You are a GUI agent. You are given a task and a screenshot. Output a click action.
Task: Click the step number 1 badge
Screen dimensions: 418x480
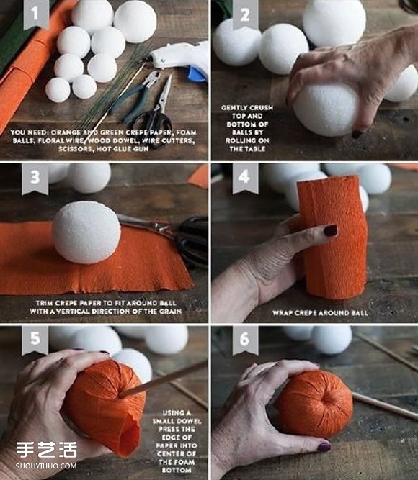click(x=35, y=14)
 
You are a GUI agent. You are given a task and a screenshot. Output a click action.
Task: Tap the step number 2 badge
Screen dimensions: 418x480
click(x=245, y=14)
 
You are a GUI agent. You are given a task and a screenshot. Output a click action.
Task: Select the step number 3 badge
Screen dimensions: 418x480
click(x=35, y=178)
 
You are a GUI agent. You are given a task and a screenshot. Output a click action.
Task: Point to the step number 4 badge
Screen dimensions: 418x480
click(x=245, y=178)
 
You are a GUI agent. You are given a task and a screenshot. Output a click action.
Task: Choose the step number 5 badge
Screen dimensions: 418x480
click(x=35, y=340)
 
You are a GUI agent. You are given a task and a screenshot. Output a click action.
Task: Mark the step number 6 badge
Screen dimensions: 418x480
click(x=245, y=340)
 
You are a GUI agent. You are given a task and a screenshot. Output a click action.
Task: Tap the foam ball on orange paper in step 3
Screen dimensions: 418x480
click(x=86, y=232)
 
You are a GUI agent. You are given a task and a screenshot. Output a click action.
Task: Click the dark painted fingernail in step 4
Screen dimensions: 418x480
click(x=331, y=230)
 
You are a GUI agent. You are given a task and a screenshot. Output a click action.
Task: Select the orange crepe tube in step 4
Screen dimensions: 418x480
click(x=332, y=237)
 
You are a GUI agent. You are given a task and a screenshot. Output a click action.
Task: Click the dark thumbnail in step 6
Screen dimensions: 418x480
click(x=324, y=447)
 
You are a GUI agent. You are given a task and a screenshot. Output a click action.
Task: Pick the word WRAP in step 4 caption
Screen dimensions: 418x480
click(x=281, y=313)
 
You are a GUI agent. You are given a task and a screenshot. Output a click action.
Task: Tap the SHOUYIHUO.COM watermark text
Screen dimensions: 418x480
click(x=46, y=466)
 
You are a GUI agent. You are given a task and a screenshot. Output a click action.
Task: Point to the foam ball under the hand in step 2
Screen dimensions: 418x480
click(x=326, y=109)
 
